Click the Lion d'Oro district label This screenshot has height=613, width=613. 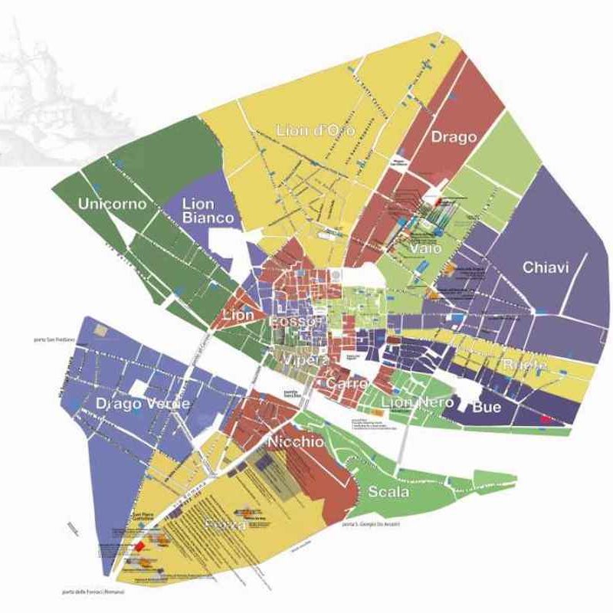pyautogui.click(x=314, y=131)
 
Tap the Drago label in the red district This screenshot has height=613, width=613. pyautogui.click(x=454, y=137)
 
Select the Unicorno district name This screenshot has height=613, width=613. pyautogui.click(x=112, y=204)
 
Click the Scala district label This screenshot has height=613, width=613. pyautogui.click(x=389, y=491)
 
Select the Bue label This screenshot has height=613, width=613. pyautogui.click(x=487, y=407)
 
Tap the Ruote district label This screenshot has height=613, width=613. pyautogui.click(x=525, y=365)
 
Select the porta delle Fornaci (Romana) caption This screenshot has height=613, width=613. pyautogui.click(x=95, y=592)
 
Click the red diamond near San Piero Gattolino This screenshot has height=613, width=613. pyautogui.click(x=140, y=546)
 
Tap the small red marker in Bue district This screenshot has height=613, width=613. pyautogui.click(x=546, y=419)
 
